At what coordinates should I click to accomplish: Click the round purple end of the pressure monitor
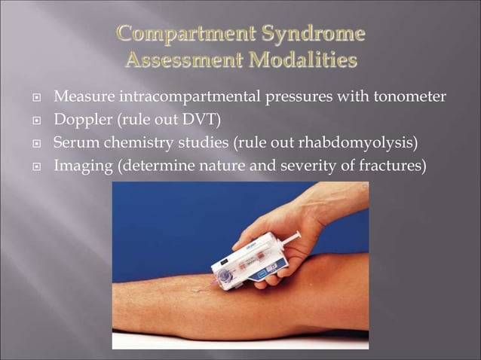coord(225,277)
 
